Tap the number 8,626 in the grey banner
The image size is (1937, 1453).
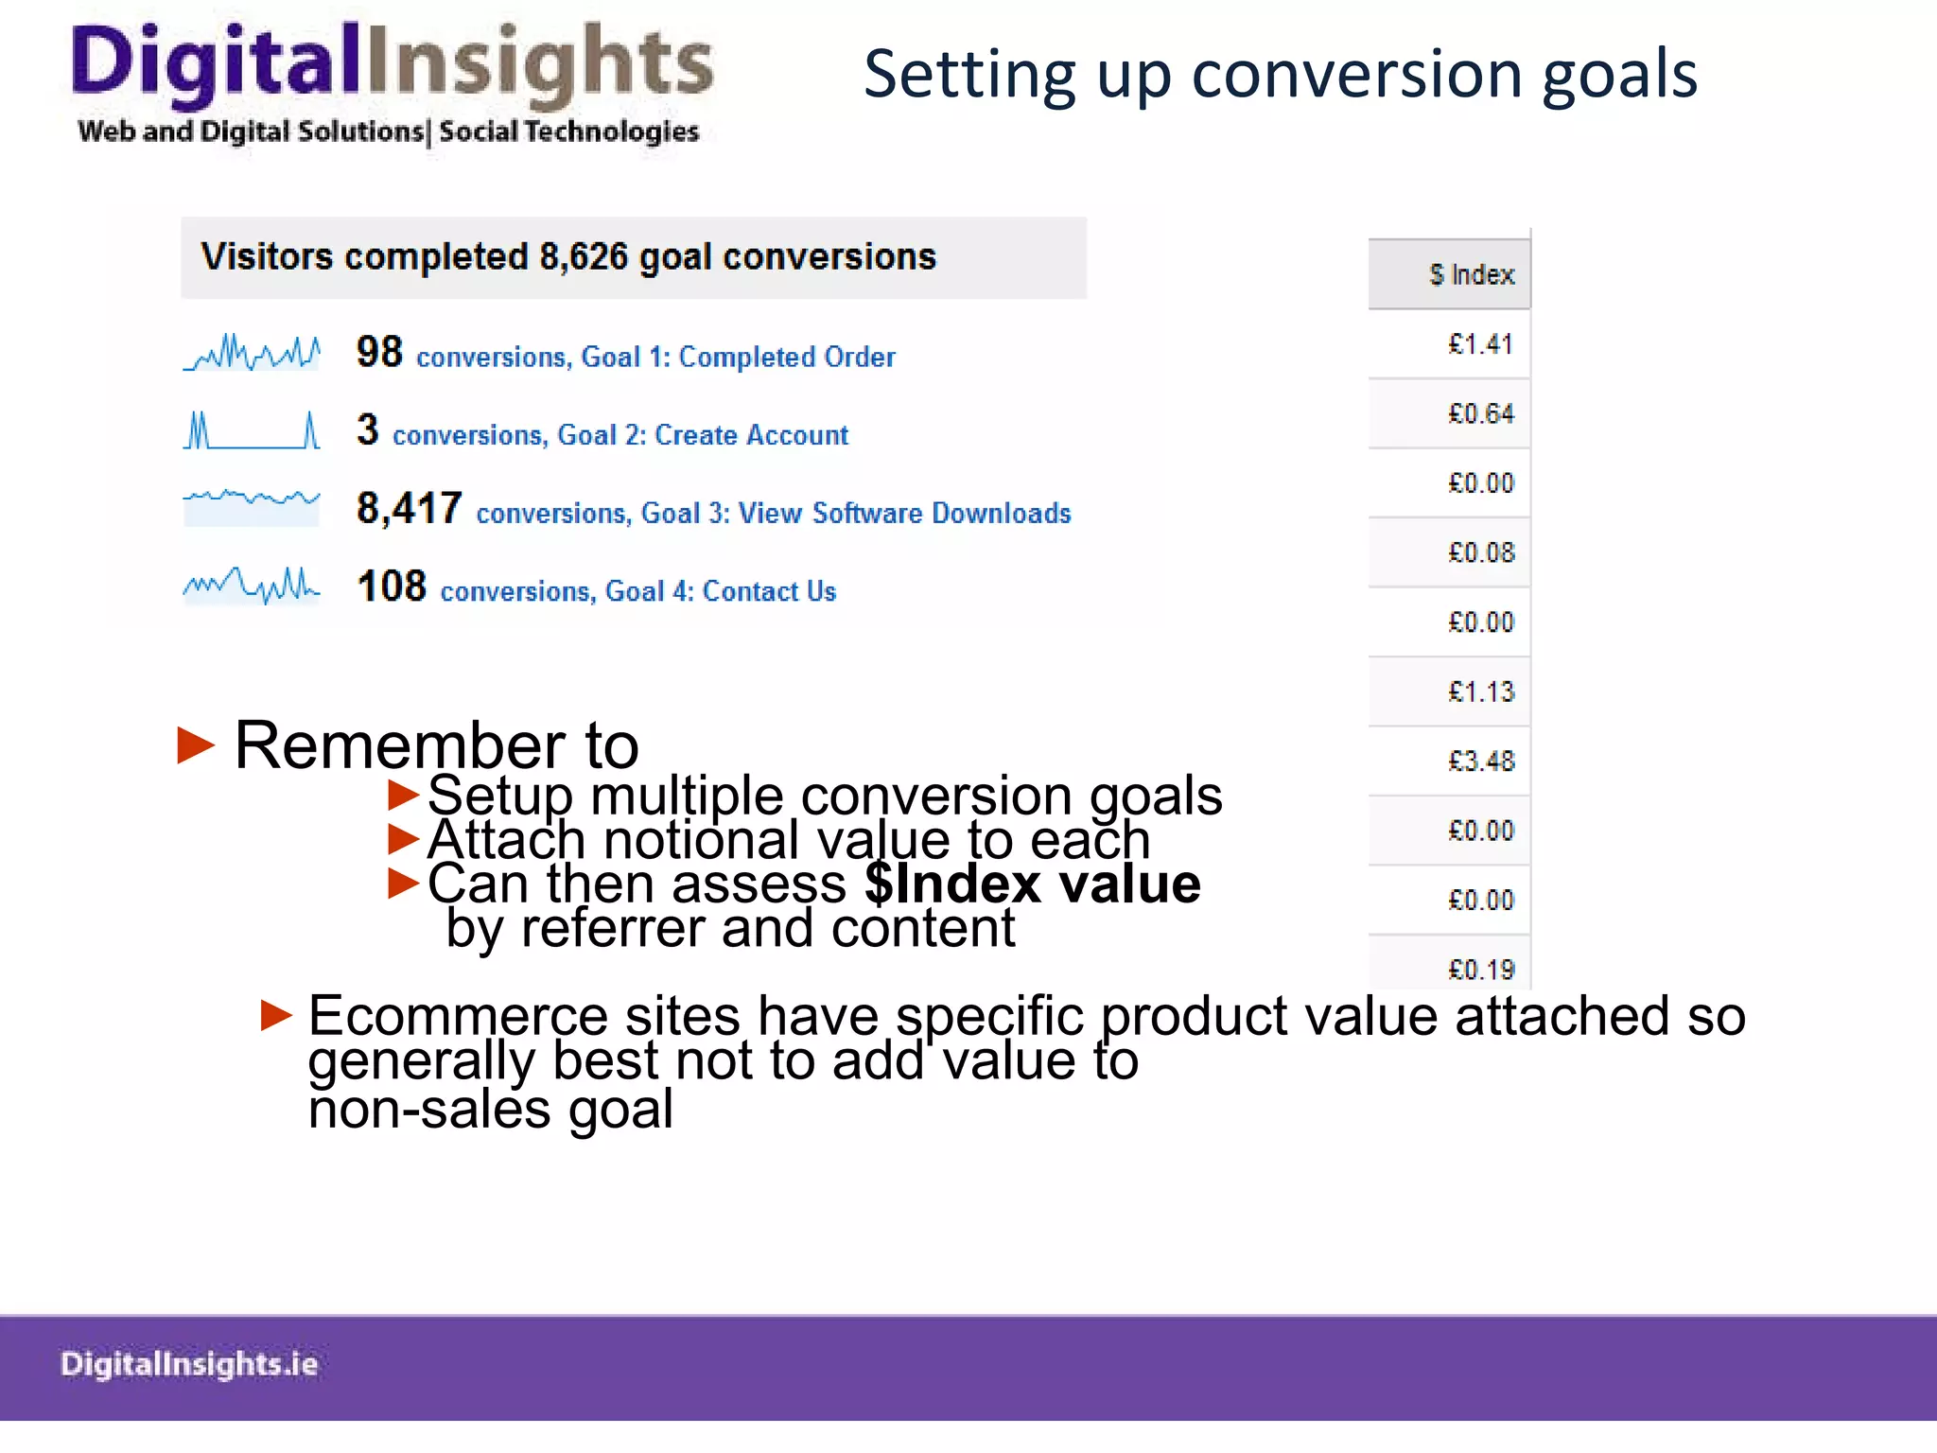584,256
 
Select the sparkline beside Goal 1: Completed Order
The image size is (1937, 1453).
252,353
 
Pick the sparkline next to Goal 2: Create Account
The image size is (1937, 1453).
252,430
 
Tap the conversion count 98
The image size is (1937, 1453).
379,352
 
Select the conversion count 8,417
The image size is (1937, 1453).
409,508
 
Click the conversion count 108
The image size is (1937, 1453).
392,586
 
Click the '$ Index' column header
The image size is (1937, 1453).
1471,274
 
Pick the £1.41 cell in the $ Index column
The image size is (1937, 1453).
1480,343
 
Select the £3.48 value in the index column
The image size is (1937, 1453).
1480,761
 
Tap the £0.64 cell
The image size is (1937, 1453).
1480,413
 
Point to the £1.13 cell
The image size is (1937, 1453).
1480,691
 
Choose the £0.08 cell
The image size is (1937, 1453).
1480,552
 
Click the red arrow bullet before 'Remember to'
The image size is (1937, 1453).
196,745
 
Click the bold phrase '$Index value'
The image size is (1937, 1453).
1032,884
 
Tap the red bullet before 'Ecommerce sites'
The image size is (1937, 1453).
276,1015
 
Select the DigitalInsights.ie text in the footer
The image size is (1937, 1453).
189,1363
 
